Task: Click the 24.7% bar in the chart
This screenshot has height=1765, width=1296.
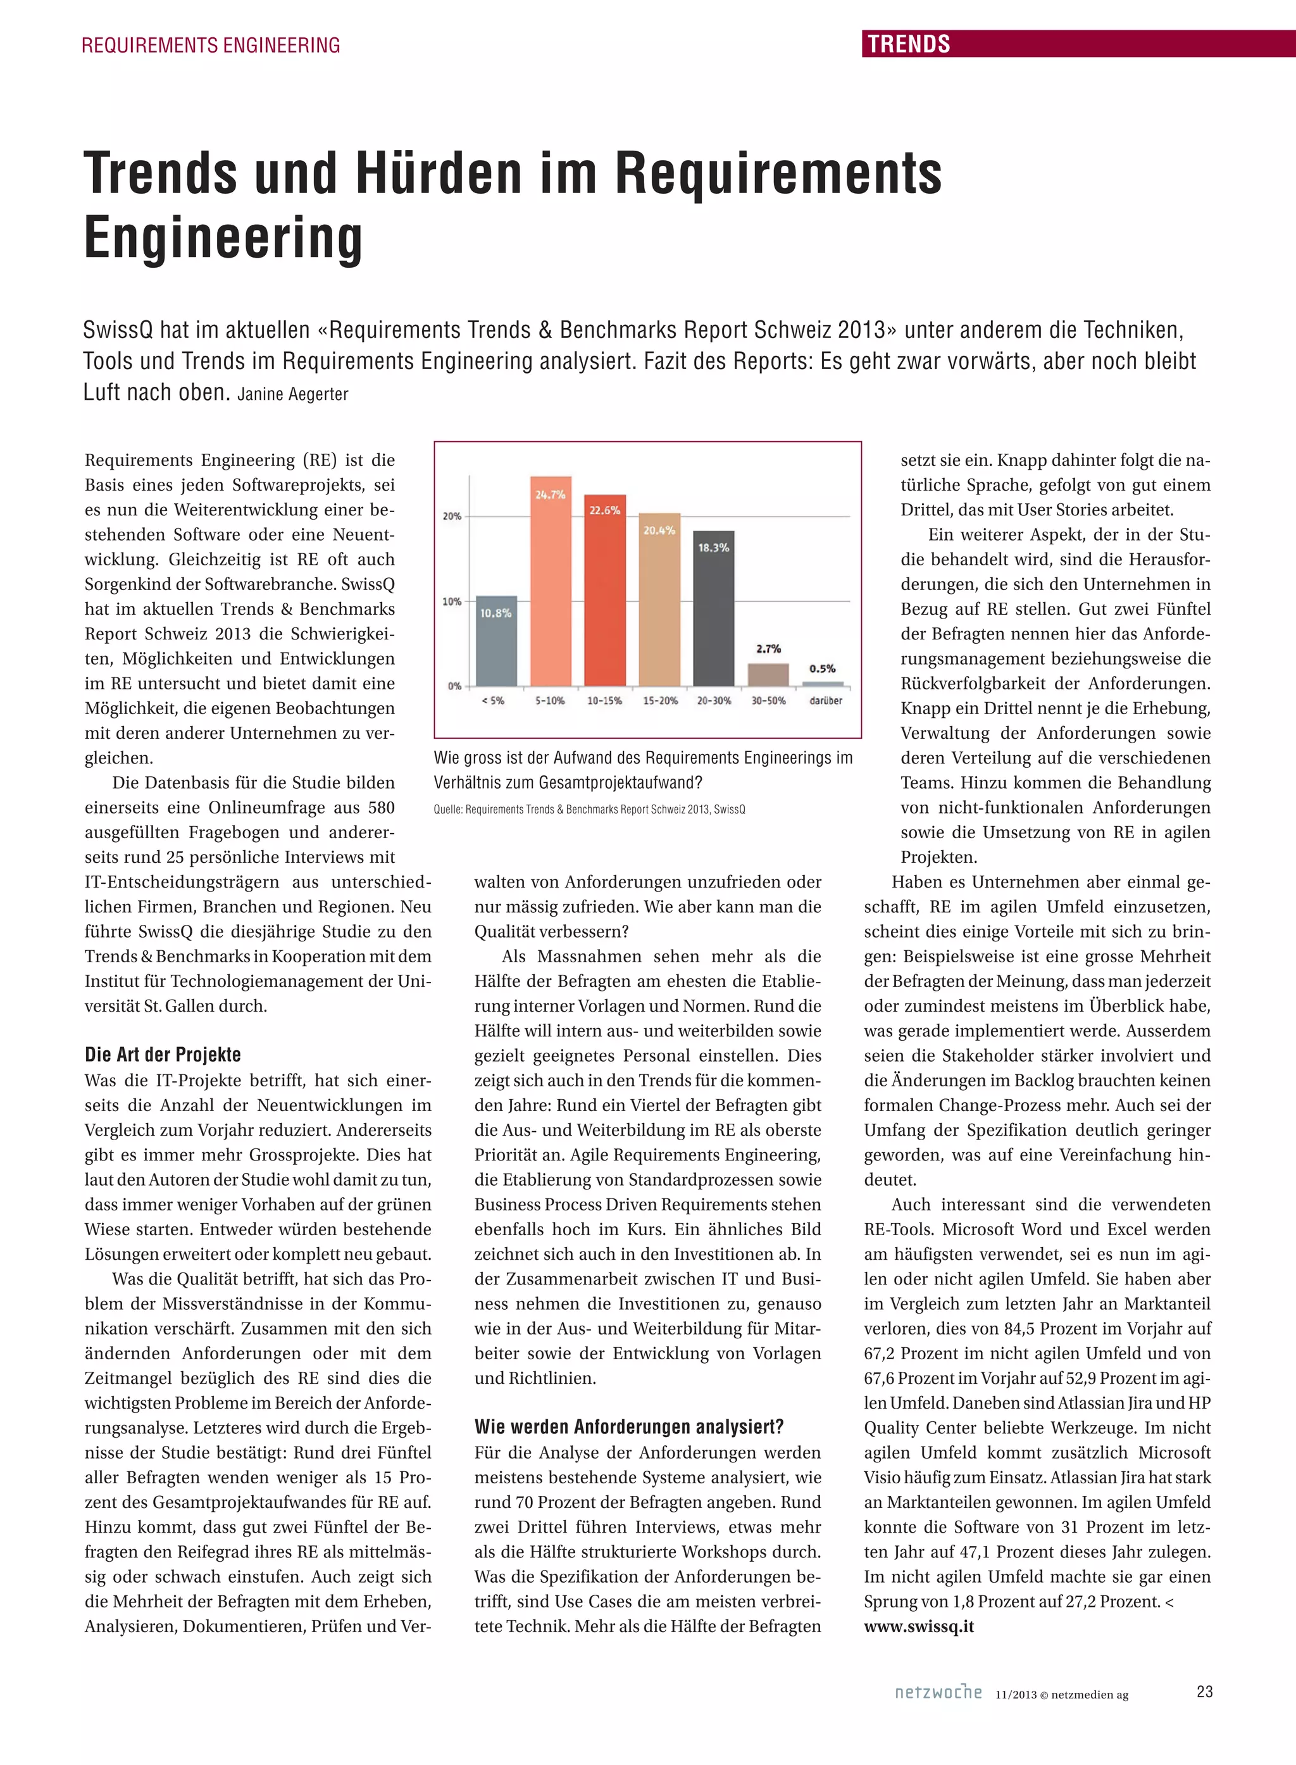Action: [x=551, y=581]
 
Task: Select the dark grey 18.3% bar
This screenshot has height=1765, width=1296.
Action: [x=714, y=608]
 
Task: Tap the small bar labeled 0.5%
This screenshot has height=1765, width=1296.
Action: [x=822, y=684]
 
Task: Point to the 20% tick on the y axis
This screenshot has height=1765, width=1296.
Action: [x=452, y=517]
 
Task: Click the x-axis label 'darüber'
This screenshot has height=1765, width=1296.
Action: [x=825, y=701]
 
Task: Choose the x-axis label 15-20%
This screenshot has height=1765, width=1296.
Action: [x=660, y=701]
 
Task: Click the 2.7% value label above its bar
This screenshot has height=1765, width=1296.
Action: [x=769, y=649]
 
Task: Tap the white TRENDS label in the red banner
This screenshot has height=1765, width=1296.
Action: [x=909, y=44]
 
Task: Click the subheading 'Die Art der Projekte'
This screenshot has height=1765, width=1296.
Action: [x=163, y=1054]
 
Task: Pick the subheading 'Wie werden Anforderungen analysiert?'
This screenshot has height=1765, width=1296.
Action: [x=628, y=1426]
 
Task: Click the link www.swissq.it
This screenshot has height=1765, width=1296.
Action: [x=919, y=1626]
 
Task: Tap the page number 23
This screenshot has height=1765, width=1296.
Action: [x=1205, y=1692]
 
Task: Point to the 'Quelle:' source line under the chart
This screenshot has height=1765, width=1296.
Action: [x=589, y=809]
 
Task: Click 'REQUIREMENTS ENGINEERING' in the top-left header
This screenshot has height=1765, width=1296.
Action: [x=211, y=46]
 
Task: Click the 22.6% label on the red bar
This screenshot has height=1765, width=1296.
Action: [x=605, y=510]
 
